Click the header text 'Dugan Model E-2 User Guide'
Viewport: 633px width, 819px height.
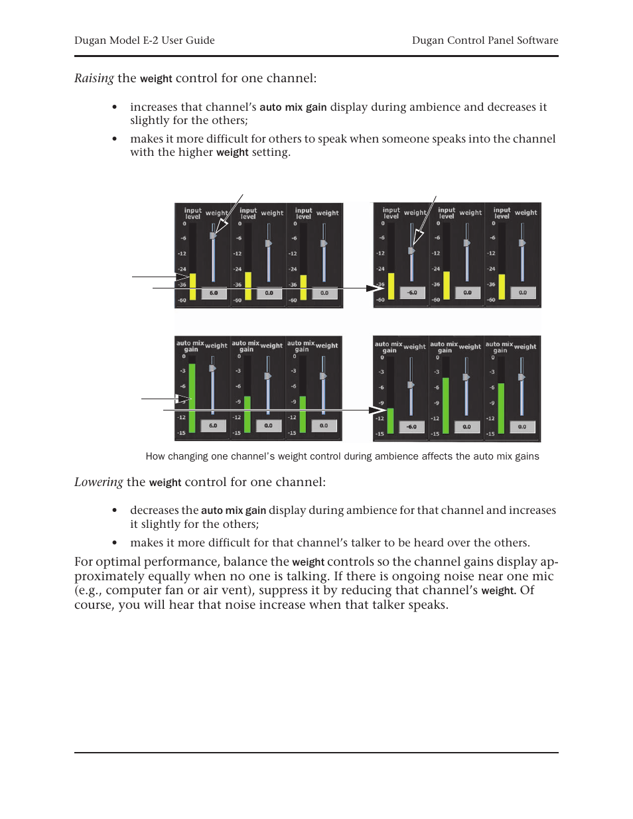[x=145, y=40]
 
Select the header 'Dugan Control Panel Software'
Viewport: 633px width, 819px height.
[x=485, y=40]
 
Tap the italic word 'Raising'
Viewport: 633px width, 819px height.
[x=94, y=78]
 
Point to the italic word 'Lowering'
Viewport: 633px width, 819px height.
[x=99, y=482]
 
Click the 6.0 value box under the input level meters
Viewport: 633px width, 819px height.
[x=214, y=293]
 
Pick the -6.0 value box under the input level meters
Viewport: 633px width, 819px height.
[x=412, y=292]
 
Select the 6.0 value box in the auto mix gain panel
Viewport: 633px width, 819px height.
[x=213, y=426]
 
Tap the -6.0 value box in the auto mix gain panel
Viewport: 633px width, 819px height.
[x=411, y=427]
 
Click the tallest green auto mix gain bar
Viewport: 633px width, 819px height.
[x=192, y=398]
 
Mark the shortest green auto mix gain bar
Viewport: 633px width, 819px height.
[x=390, y=421]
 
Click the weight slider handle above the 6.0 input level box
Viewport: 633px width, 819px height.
[x=213, y=235]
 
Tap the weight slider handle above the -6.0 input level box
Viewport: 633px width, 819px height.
[x=411, y=251]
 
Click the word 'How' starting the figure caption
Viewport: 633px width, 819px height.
[x=155, y=456]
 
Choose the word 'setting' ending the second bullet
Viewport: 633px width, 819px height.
[x=269, y=153]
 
